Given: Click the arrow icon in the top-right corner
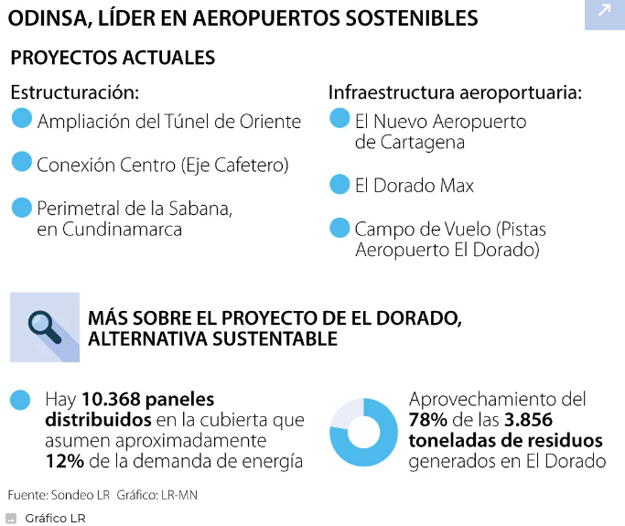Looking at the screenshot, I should coord(604,12).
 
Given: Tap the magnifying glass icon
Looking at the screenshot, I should coord(43,326).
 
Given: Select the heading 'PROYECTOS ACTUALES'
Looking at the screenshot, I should coord(112,58).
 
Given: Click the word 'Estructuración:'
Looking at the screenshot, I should coord(75,93).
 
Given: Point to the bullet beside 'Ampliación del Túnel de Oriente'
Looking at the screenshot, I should coord(22,119).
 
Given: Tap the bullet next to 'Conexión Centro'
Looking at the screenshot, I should coord(22,163).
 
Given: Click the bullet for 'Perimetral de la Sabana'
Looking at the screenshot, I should coord(22,208).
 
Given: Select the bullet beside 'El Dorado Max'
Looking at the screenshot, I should coord(339,185).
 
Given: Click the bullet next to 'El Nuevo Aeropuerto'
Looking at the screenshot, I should coord(339,119).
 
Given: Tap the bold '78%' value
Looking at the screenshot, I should coord(430,421).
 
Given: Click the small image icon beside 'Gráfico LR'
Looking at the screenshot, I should coord(11,518).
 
